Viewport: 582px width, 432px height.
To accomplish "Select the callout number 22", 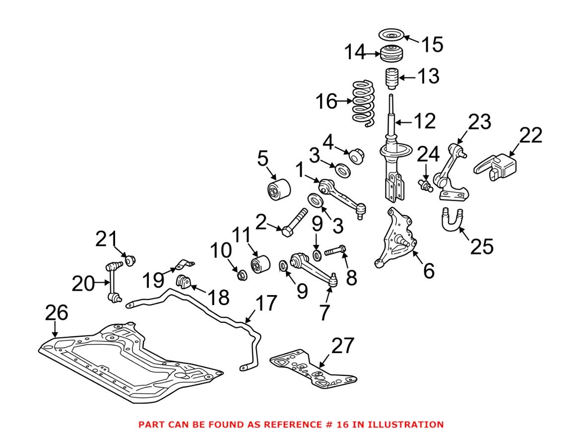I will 530,135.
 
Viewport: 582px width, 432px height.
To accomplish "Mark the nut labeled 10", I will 242,274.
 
